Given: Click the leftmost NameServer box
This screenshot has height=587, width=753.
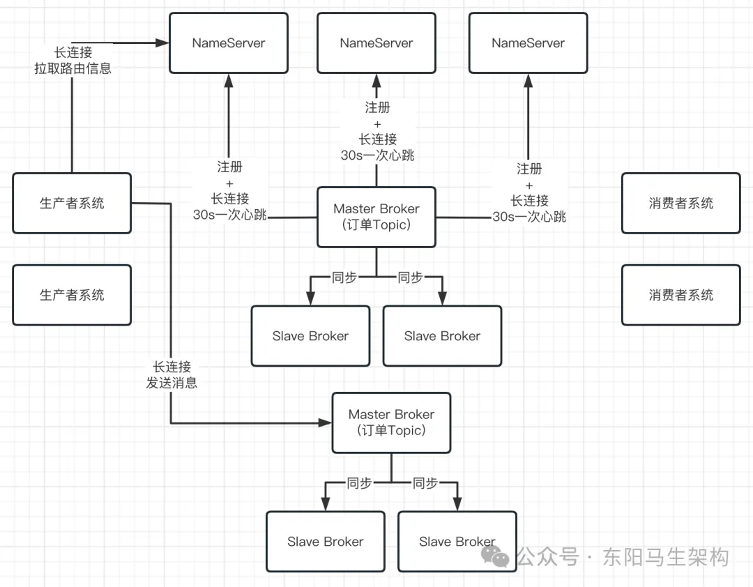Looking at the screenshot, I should [229, 43].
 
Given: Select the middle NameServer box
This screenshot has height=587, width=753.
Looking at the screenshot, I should [376, 43].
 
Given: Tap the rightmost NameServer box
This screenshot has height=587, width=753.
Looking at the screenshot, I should [528, 43].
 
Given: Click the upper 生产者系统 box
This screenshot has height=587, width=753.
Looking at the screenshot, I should [72, 203].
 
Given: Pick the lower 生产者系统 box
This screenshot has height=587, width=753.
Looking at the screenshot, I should [72, 295].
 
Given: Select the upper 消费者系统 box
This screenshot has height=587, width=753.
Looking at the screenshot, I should [680, 203].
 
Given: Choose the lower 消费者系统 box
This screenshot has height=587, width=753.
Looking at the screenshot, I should [680, 295].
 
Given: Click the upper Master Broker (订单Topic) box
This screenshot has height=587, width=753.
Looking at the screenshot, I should [376, 217].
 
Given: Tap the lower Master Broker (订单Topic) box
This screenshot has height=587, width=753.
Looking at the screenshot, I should [391, 422].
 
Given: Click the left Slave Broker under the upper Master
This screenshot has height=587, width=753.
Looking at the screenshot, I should [310, 336].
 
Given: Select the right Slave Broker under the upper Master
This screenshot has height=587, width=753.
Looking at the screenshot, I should [442, 336].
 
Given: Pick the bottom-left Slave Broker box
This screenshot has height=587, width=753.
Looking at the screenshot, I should [326, 542].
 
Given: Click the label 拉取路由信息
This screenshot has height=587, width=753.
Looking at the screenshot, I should [73, 68].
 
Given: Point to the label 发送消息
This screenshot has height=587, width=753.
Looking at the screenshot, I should [172, 383].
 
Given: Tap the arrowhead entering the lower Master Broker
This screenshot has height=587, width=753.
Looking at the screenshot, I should [325, 422].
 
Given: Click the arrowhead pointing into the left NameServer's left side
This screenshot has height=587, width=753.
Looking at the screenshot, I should [162, 43].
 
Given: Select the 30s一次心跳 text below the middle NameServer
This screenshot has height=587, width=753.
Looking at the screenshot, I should [377, 155].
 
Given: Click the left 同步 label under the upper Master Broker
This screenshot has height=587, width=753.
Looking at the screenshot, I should [344, 277].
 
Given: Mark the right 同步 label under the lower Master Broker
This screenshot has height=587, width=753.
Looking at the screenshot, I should [425, 483].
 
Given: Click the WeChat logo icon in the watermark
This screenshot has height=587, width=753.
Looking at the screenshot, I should [497, 556].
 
